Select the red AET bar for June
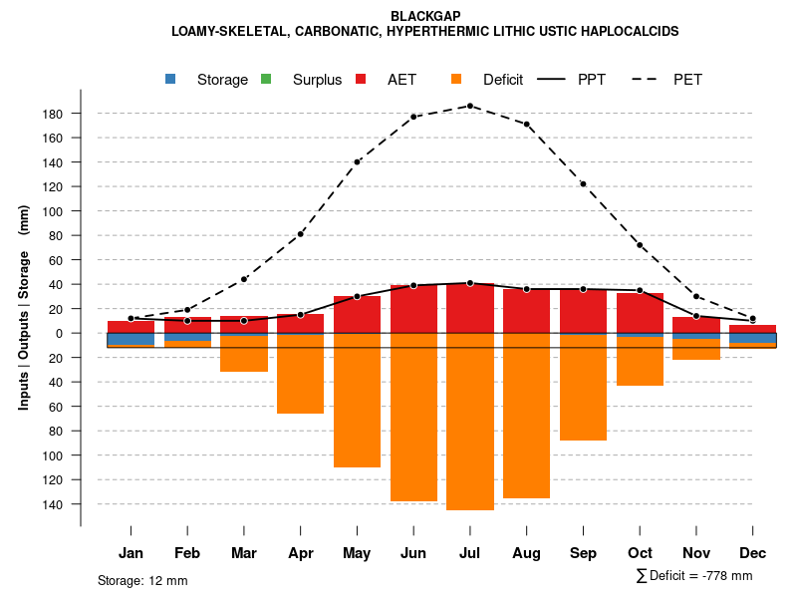click(413, 309)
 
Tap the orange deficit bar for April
click(300, 373)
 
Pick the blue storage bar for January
click(131, 339)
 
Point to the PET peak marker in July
click(470, 106)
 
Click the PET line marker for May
click(357, 161)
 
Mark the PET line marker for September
click(583, 184)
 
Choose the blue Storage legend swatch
click(170, 79)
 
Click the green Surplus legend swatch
click(266, 79)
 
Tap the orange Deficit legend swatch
click(456, 79)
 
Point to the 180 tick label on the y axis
click(53, 114)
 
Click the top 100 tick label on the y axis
click(53, 211)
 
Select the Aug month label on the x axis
click(526, 553)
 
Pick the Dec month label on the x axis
click(752, 553)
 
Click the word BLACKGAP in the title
click(425, 16)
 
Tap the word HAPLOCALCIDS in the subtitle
click(632, 31)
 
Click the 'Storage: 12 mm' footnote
click(142, 580)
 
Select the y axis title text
click(23, 309)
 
